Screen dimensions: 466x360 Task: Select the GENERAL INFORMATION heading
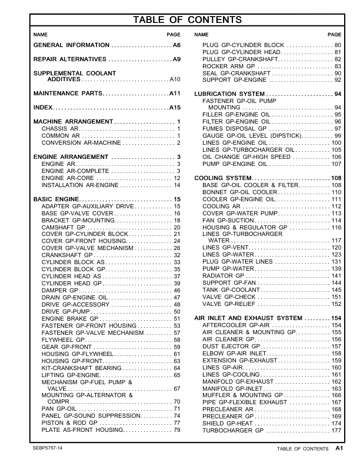[71, 45]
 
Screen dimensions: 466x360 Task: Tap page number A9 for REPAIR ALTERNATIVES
[176, 60]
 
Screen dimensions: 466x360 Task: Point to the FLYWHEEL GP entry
[62, 339]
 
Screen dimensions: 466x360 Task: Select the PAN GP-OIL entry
[59, 409]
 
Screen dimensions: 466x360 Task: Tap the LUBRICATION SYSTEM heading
[229, 94]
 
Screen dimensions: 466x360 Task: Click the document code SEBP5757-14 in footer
[48, 448]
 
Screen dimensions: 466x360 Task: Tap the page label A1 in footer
[339, 448]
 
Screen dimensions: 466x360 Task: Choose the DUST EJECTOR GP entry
[232, 347]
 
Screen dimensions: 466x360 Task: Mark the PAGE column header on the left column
[174, 35]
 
